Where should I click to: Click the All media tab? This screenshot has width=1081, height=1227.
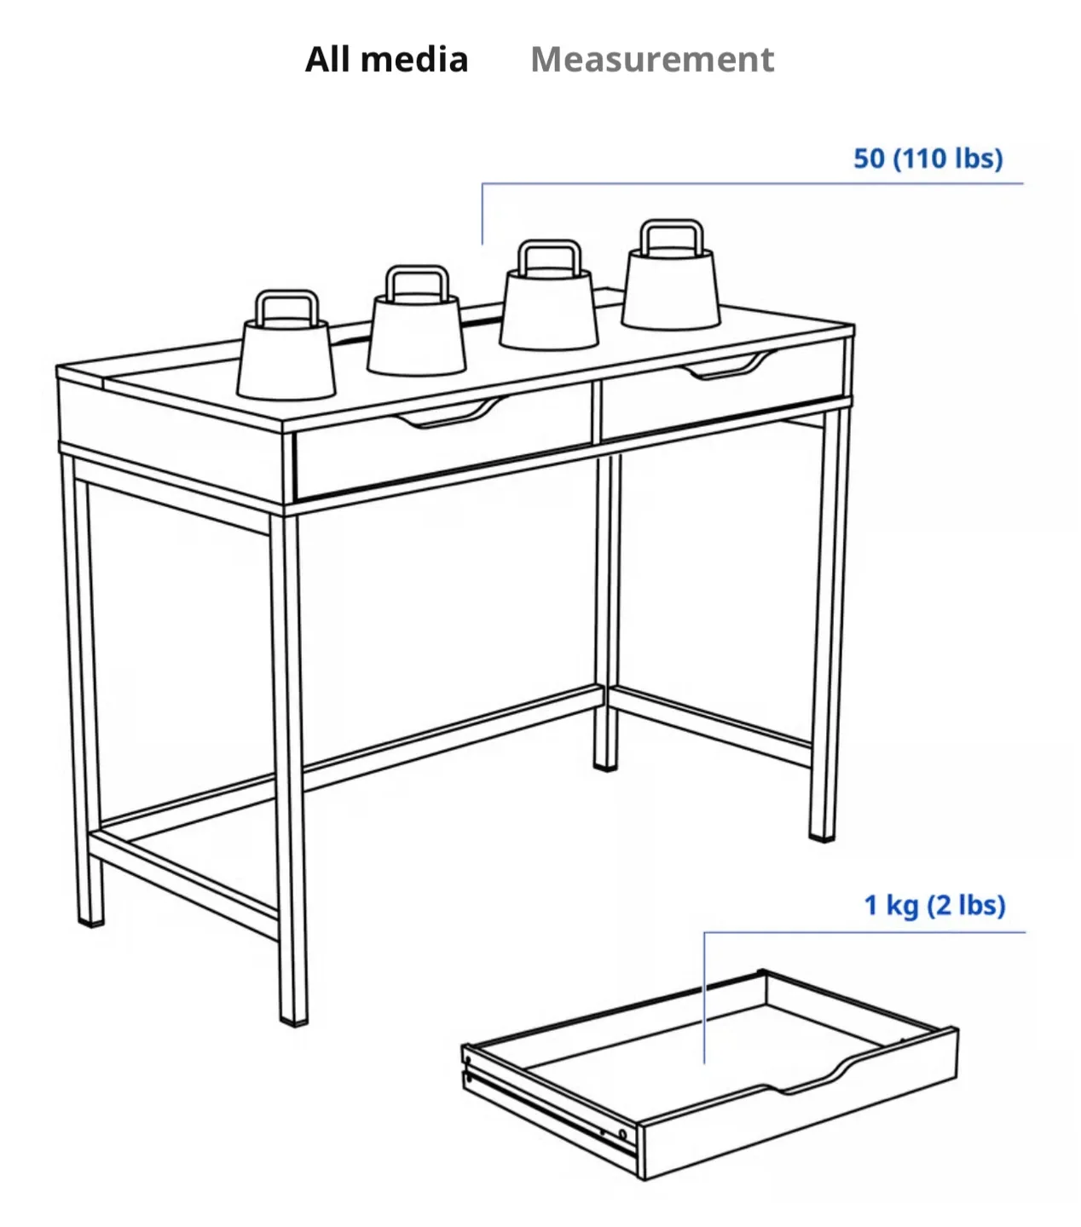point(386,60)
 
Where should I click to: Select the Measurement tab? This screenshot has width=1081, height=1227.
point(652,60)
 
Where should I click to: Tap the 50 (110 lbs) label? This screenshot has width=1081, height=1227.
point(928,158)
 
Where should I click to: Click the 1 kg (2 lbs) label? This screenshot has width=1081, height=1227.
point(934,904)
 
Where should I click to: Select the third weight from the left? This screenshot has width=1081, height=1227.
point(548,307)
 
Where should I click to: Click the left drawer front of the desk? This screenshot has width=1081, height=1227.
point(443,452)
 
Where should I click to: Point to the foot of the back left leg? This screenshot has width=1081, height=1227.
point(90,919)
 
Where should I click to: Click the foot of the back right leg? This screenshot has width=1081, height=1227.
point(605,764)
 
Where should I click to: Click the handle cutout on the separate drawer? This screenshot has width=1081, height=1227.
point(810,1078)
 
